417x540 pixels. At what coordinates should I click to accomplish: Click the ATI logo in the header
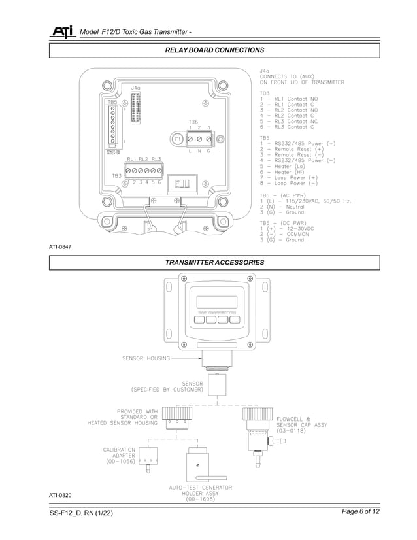[62, 32]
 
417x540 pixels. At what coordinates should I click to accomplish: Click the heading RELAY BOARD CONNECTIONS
[214, 50]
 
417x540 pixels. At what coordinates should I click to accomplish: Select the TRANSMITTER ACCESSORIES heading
[214, 262]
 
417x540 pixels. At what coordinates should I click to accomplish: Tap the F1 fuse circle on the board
[177, 139]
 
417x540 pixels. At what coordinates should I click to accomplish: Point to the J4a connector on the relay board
[136, 107]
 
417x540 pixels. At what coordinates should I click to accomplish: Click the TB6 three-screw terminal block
[199, 139]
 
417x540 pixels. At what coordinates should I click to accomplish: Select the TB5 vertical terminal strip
[114, 126]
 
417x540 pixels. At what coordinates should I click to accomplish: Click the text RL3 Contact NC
[288, 121]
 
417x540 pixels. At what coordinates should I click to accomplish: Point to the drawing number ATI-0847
[59, 246]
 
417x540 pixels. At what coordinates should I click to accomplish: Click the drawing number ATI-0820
[59, 495]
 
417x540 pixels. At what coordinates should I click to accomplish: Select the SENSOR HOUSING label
[146, 358]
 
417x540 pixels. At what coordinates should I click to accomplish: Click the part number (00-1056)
[120, 461]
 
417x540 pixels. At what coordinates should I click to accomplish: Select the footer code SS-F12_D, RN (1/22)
[81, 513]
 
